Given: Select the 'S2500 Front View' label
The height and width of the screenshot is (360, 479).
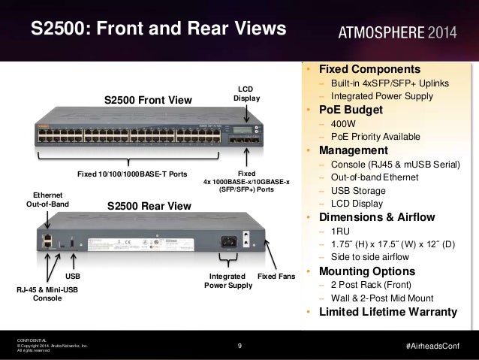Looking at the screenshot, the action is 148,101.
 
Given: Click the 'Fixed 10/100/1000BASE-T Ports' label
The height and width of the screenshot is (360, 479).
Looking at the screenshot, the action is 132,174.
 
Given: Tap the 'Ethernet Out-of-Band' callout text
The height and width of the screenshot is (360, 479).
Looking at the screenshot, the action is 48,199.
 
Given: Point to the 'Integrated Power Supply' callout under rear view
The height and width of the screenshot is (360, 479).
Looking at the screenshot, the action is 228,281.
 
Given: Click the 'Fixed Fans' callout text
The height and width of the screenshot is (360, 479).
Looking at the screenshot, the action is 277,277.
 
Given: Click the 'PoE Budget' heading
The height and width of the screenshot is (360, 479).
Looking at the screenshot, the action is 353,110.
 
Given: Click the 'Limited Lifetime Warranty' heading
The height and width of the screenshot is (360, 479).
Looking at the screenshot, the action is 388,312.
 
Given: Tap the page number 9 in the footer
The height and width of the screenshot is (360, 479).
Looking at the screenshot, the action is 239,346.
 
